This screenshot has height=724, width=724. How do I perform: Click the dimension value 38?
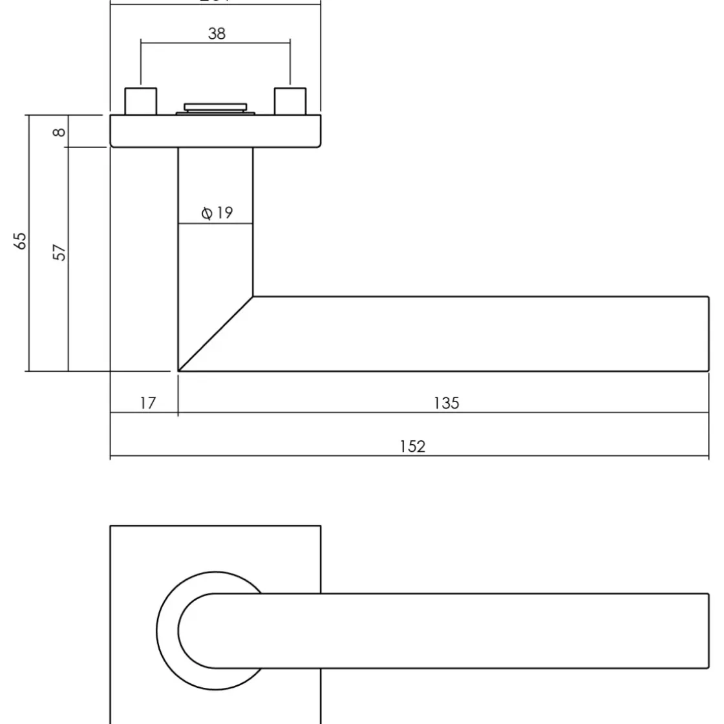pos(217,34)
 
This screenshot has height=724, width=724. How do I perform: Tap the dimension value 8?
pos(58,132)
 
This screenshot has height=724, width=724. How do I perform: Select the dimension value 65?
pos(21,240)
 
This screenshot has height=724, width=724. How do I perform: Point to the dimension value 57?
pos(59,252)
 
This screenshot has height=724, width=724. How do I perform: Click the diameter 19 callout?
pos(217,213)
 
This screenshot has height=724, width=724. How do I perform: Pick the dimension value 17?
pos(148,403)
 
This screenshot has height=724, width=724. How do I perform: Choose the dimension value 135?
pos(447,403)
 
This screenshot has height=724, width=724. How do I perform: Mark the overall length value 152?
pos(412,447)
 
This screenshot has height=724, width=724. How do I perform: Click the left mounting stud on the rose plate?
pos(140,101)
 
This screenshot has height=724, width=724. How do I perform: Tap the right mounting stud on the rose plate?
pos(290,101)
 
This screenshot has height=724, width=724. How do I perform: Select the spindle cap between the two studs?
pos(215,107)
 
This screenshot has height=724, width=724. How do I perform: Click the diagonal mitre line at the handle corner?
pos(215,334)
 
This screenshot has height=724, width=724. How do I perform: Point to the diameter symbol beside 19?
pos(206,213)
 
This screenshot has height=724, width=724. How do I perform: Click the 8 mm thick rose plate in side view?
pos(215,132)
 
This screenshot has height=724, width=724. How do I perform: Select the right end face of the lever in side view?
pos(708,334)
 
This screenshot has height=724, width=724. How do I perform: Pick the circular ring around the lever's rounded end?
pos(167,631)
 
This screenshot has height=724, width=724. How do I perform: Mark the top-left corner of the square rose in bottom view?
pos(111,526)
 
